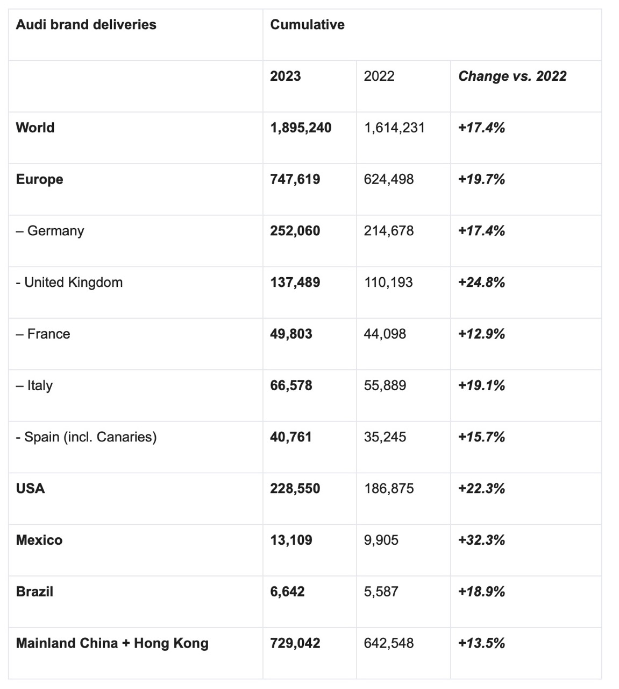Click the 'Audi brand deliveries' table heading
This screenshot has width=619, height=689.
(86, 25)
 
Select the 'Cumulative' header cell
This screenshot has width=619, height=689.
(307, 25)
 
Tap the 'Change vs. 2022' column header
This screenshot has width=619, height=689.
(512, 76)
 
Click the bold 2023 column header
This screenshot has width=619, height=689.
(285, 76)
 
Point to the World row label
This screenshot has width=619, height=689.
(35, 128)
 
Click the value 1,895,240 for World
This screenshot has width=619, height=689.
(301, 128)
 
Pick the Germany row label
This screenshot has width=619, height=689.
(50, 231)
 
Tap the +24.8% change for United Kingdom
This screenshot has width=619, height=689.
(481, 283)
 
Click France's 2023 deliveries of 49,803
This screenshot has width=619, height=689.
(291, 334)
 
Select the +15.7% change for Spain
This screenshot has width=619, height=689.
(481, 437)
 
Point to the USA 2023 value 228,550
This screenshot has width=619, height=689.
(295, 489)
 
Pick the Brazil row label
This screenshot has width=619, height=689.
(34, 592)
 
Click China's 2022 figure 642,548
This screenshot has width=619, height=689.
(389, 643)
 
